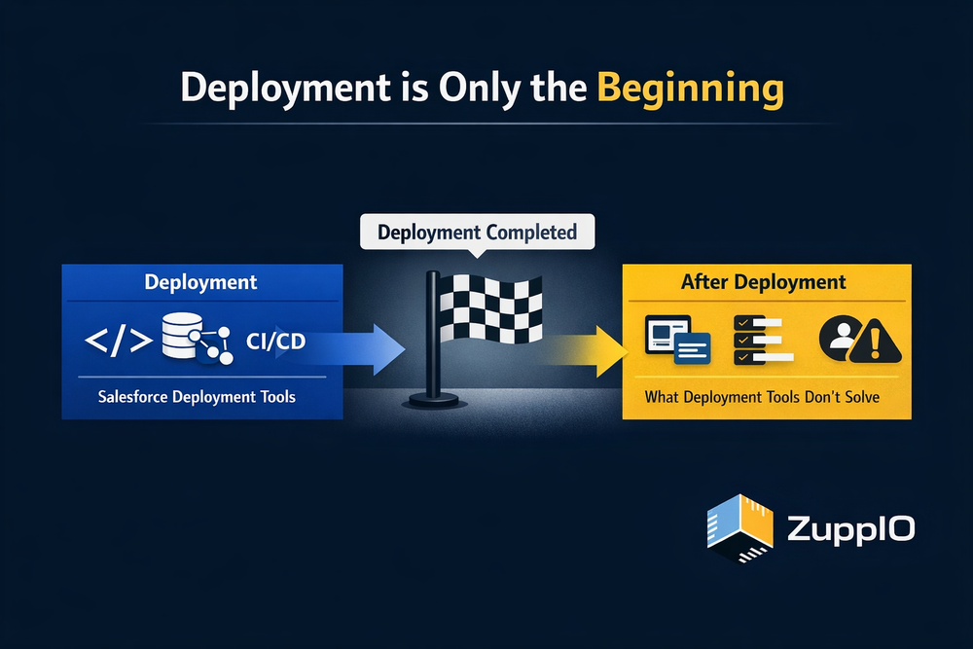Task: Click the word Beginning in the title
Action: point(690,89)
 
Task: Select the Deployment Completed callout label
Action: point(477,233)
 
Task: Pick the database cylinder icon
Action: point(178,336)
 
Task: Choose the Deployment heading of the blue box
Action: point(201,282)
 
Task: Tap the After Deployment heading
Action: point(765,282)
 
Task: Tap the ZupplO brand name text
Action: point(851,530)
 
